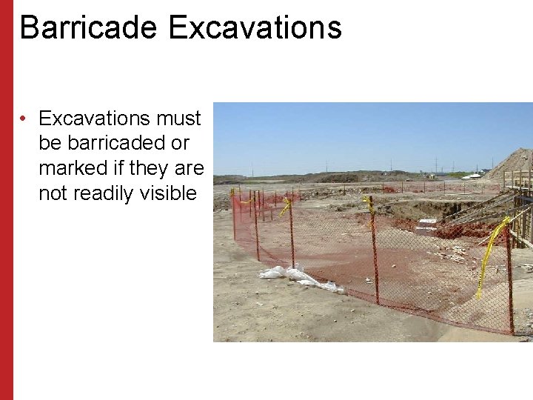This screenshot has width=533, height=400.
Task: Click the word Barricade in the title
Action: (88, 27)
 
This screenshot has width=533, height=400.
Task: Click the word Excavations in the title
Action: (255, 27)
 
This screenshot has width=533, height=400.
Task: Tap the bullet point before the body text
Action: (24, 119)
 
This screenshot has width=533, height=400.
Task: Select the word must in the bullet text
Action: (179, 119)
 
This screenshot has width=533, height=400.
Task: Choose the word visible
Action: (170, 193)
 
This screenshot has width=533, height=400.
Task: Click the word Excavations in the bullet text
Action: (95, 119)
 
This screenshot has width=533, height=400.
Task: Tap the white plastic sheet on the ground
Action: (296, 277)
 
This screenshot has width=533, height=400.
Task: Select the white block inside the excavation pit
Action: (427, 224)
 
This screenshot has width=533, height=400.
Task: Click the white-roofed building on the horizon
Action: (472, 176)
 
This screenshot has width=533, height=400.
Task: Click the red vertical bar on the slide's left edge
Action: (7, 200)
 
